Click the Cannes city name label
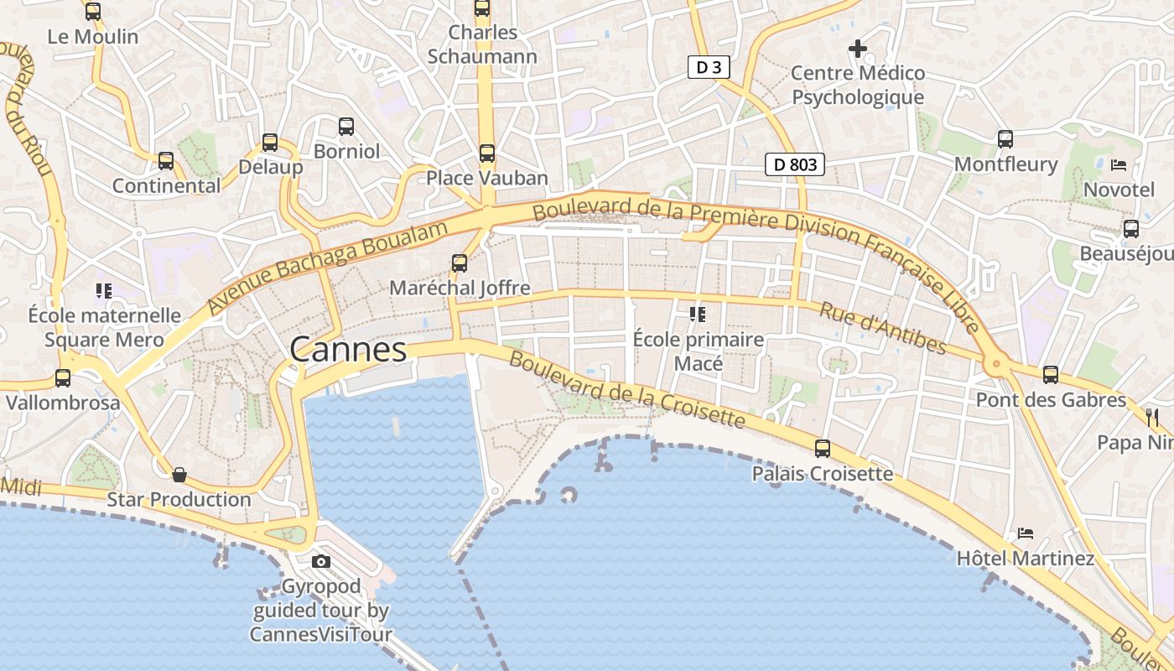click(x=348, y=350)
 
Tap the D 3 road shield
click(x=709, y=67)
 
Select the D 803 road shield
click(x=794, y=164)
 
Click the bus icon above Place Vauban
click(x=487, y=153)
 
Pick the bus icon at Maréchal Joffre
click(x=460, y=263)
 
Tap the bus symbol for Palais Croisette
click(x=823, y=449)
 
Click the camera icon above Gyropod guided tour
click(x=321, y=561)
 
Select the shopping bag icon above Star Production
click(x=179, y=475)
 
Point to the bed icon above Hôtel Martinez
click(x=1025, y=533)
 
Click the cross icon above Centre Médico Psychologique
click(x=857, y=49)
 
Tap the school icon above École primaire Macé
click(x=698, y=315)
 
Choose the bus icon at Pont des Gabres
click(x=1051, y=375)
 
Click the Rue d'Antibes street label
click(x=883, y=328)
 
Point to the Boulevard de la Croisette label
click(x=627, y=389)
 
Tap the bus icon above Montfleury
click(x=1005, y=139)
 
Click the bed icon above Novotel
click(x=1119, y=164)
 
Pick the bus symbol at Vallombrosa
click(x=63, y=378)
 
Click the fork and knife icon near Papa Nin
click(x=1152, y=417)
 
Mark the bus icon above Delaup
click(x=270, y=143)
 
